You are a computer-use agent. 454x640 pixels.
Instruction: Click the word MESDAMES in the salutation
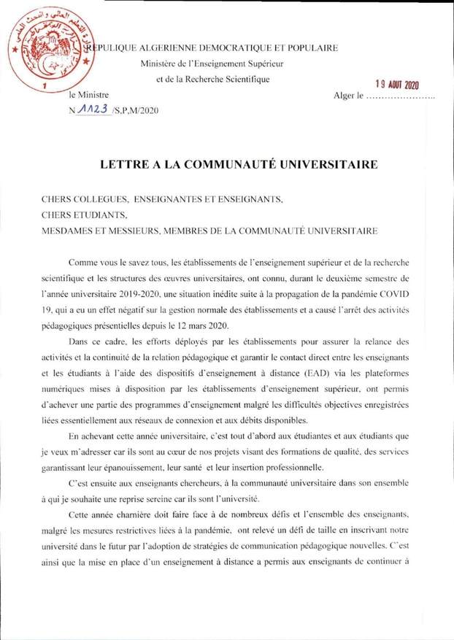click(71, 231)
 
